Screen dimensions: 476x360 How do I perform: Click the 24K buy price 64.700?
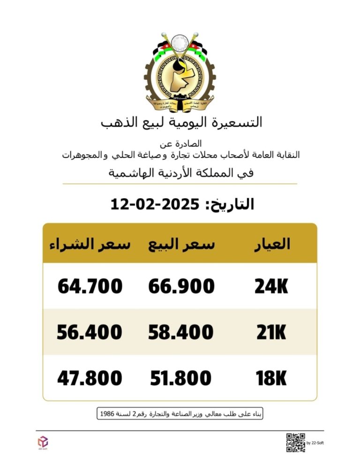click(90, 286)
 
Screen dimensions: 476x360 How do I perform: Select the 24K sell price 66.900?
click(181, 286)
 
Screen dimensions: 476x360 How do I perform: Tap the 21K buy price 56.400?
click(90, 332)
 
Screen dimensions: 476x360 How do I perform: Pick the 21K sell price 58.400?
click(181, 332)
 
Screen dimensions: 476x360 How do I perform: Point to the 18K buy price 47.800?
click(90, 378)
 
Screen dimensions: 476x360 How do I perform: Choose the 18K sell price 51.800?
click(181, 378)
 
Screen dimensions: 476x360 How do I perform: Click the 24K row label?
click(271, 286)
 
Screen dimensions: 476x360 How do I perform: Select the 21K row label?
click(271, 332)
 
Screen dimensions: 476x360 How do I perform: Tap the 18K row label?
click(271, 378)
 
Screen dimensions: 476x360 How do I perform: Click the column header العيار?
click(272, 244)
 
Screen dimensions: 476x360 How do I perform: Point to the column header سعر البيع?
click(181, 244)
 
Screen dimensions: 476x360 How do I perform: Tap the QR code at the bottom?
click(295, 442)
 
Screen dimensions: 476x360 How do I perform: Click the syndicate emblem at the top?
click(180, 70)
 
